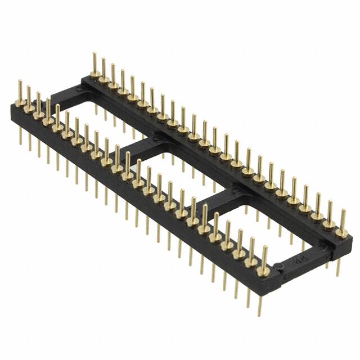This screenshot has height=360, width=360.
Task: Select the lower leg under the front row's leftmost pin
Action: click(x=21, y=135)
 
